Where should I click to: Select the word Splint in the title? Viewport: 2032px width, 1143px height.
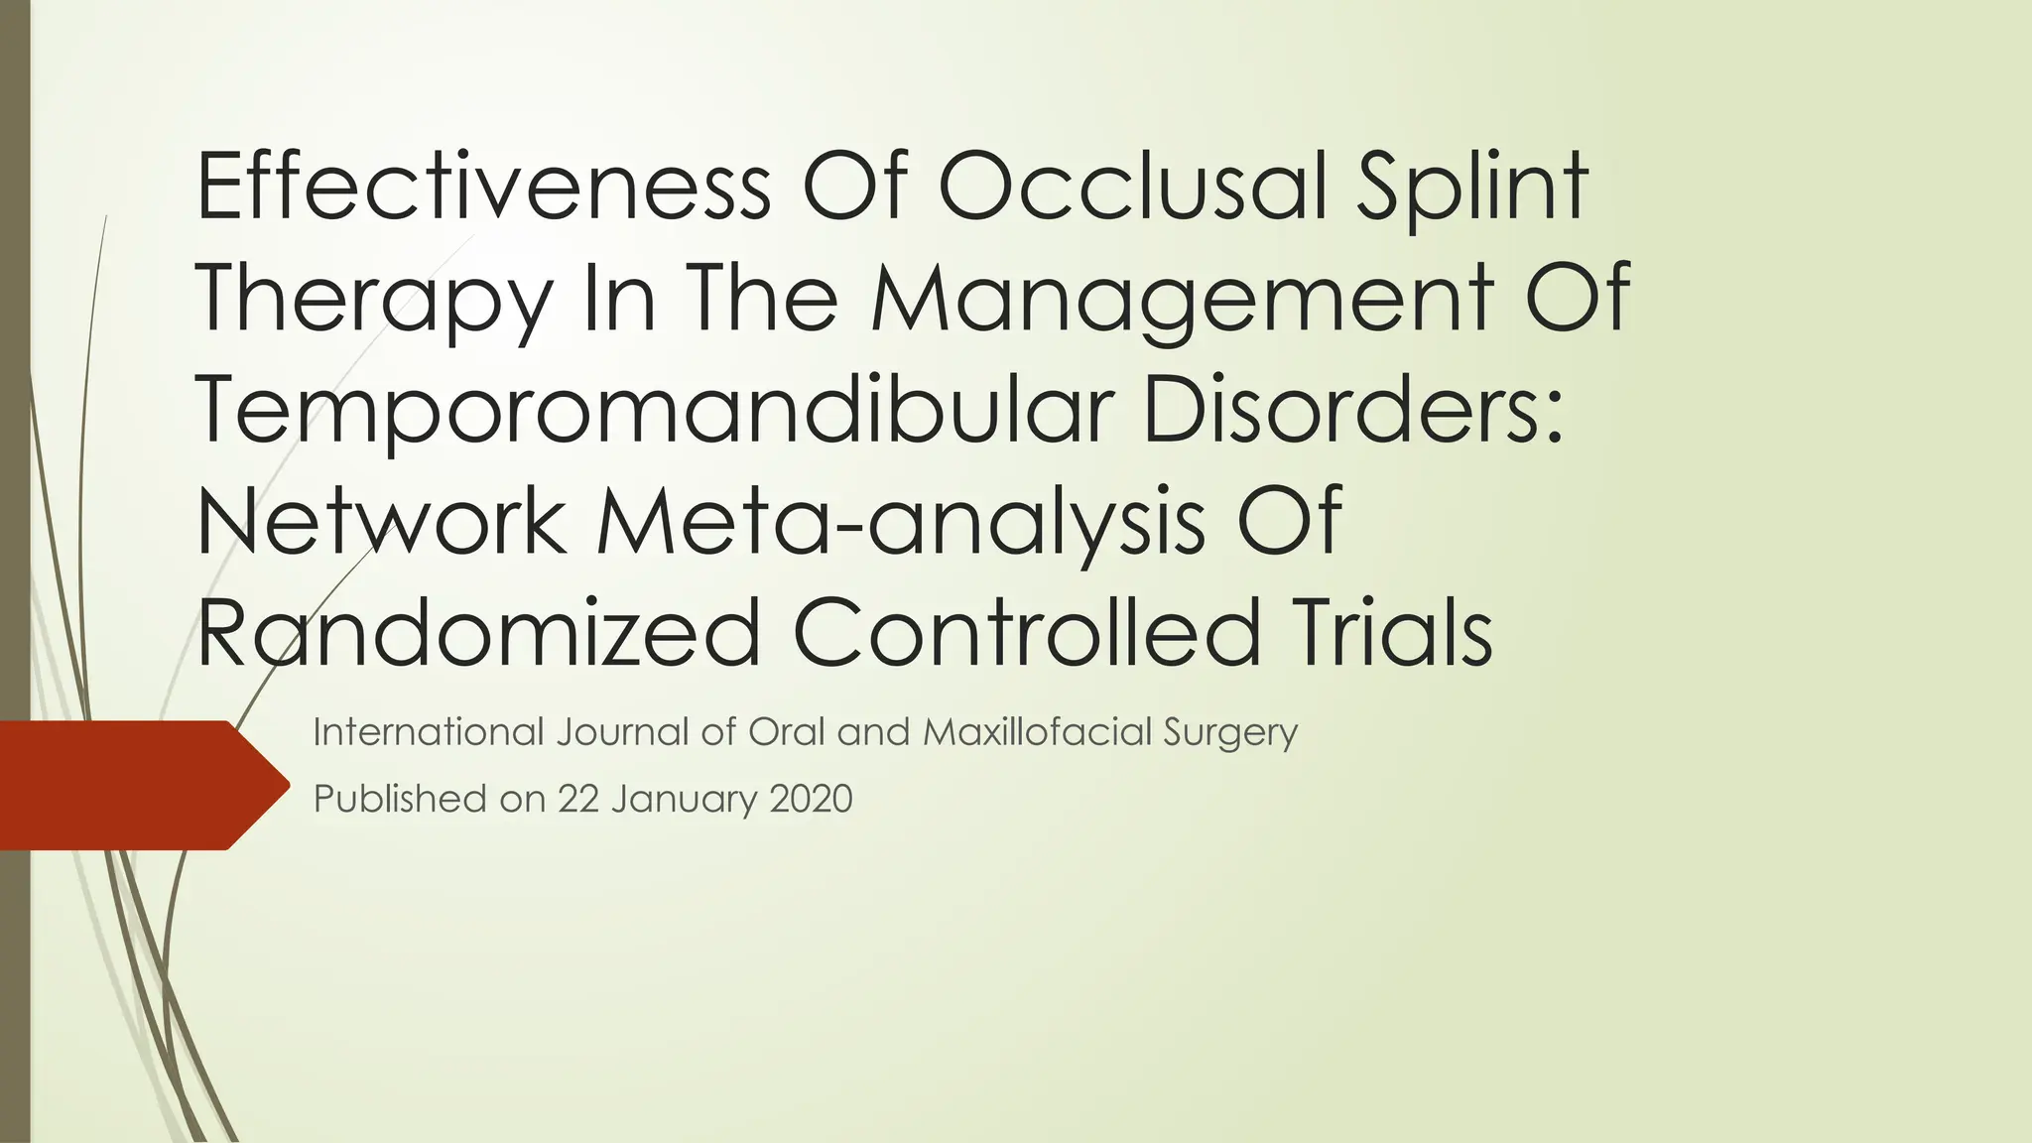coord(1472,189)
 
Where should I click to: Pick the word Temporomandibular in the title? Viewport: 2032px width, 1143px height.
coord(656,412)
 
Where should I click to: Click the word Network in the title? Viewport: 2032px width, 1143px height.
coord(381,522)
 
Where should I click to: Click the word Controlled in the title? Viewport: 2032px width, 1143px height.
coord(1026,633)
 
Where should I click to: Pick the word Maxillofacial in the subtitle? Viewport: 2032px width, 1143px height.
coord(1037,732)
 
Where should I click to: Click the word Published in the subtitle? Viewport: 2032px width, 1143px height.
coord(401,799)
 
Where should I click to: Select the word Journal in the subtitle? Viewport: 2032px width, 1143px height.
coord(621,732)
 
